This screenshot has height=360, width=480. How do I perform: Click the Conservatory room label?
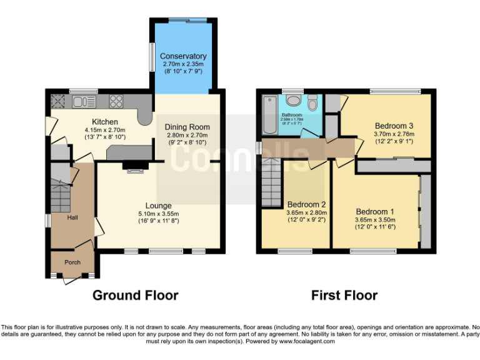183,56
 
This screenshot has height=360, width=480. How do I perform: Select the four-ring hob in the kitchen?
116,101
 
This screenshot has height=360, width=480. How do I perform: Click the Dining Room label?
187,127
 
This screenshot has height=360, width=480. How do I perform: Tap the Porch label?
72,262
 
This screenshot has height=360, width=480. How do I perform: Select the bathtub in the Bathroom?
270,115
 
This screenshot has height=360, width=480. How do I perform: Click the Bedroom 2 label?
306,204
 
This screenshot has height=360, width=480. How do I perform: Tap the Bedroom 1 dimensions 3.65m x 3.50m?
376,219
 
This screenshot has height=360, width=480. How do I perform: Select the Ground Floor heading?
135,295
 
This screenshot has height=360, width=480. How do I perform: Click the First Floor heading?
344,295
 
